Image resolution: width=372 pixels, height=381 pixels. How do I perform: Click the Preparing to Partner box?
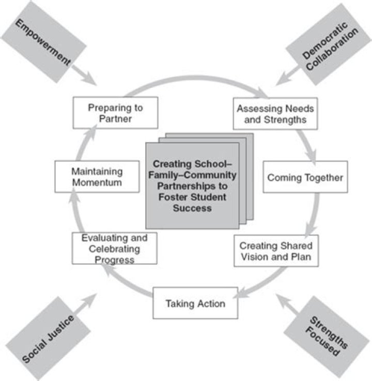[115, 113]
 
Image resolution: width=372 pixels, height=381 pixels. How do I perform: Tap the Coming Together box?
[305, 177]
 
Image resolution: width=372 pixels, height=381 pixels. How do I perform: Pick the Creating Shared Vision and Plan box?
[276, 251]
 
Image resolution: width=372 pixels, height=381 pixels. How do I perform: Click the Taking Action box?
[195, 303]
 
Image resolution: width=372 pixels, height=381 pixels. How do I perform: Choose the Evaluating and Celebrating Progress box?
[114, 248]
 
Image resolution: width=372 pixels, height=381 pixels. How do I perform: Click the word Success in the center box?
[192, 209]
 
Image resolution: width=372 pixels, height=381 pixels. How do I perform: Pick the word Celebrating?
[114, 248]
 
